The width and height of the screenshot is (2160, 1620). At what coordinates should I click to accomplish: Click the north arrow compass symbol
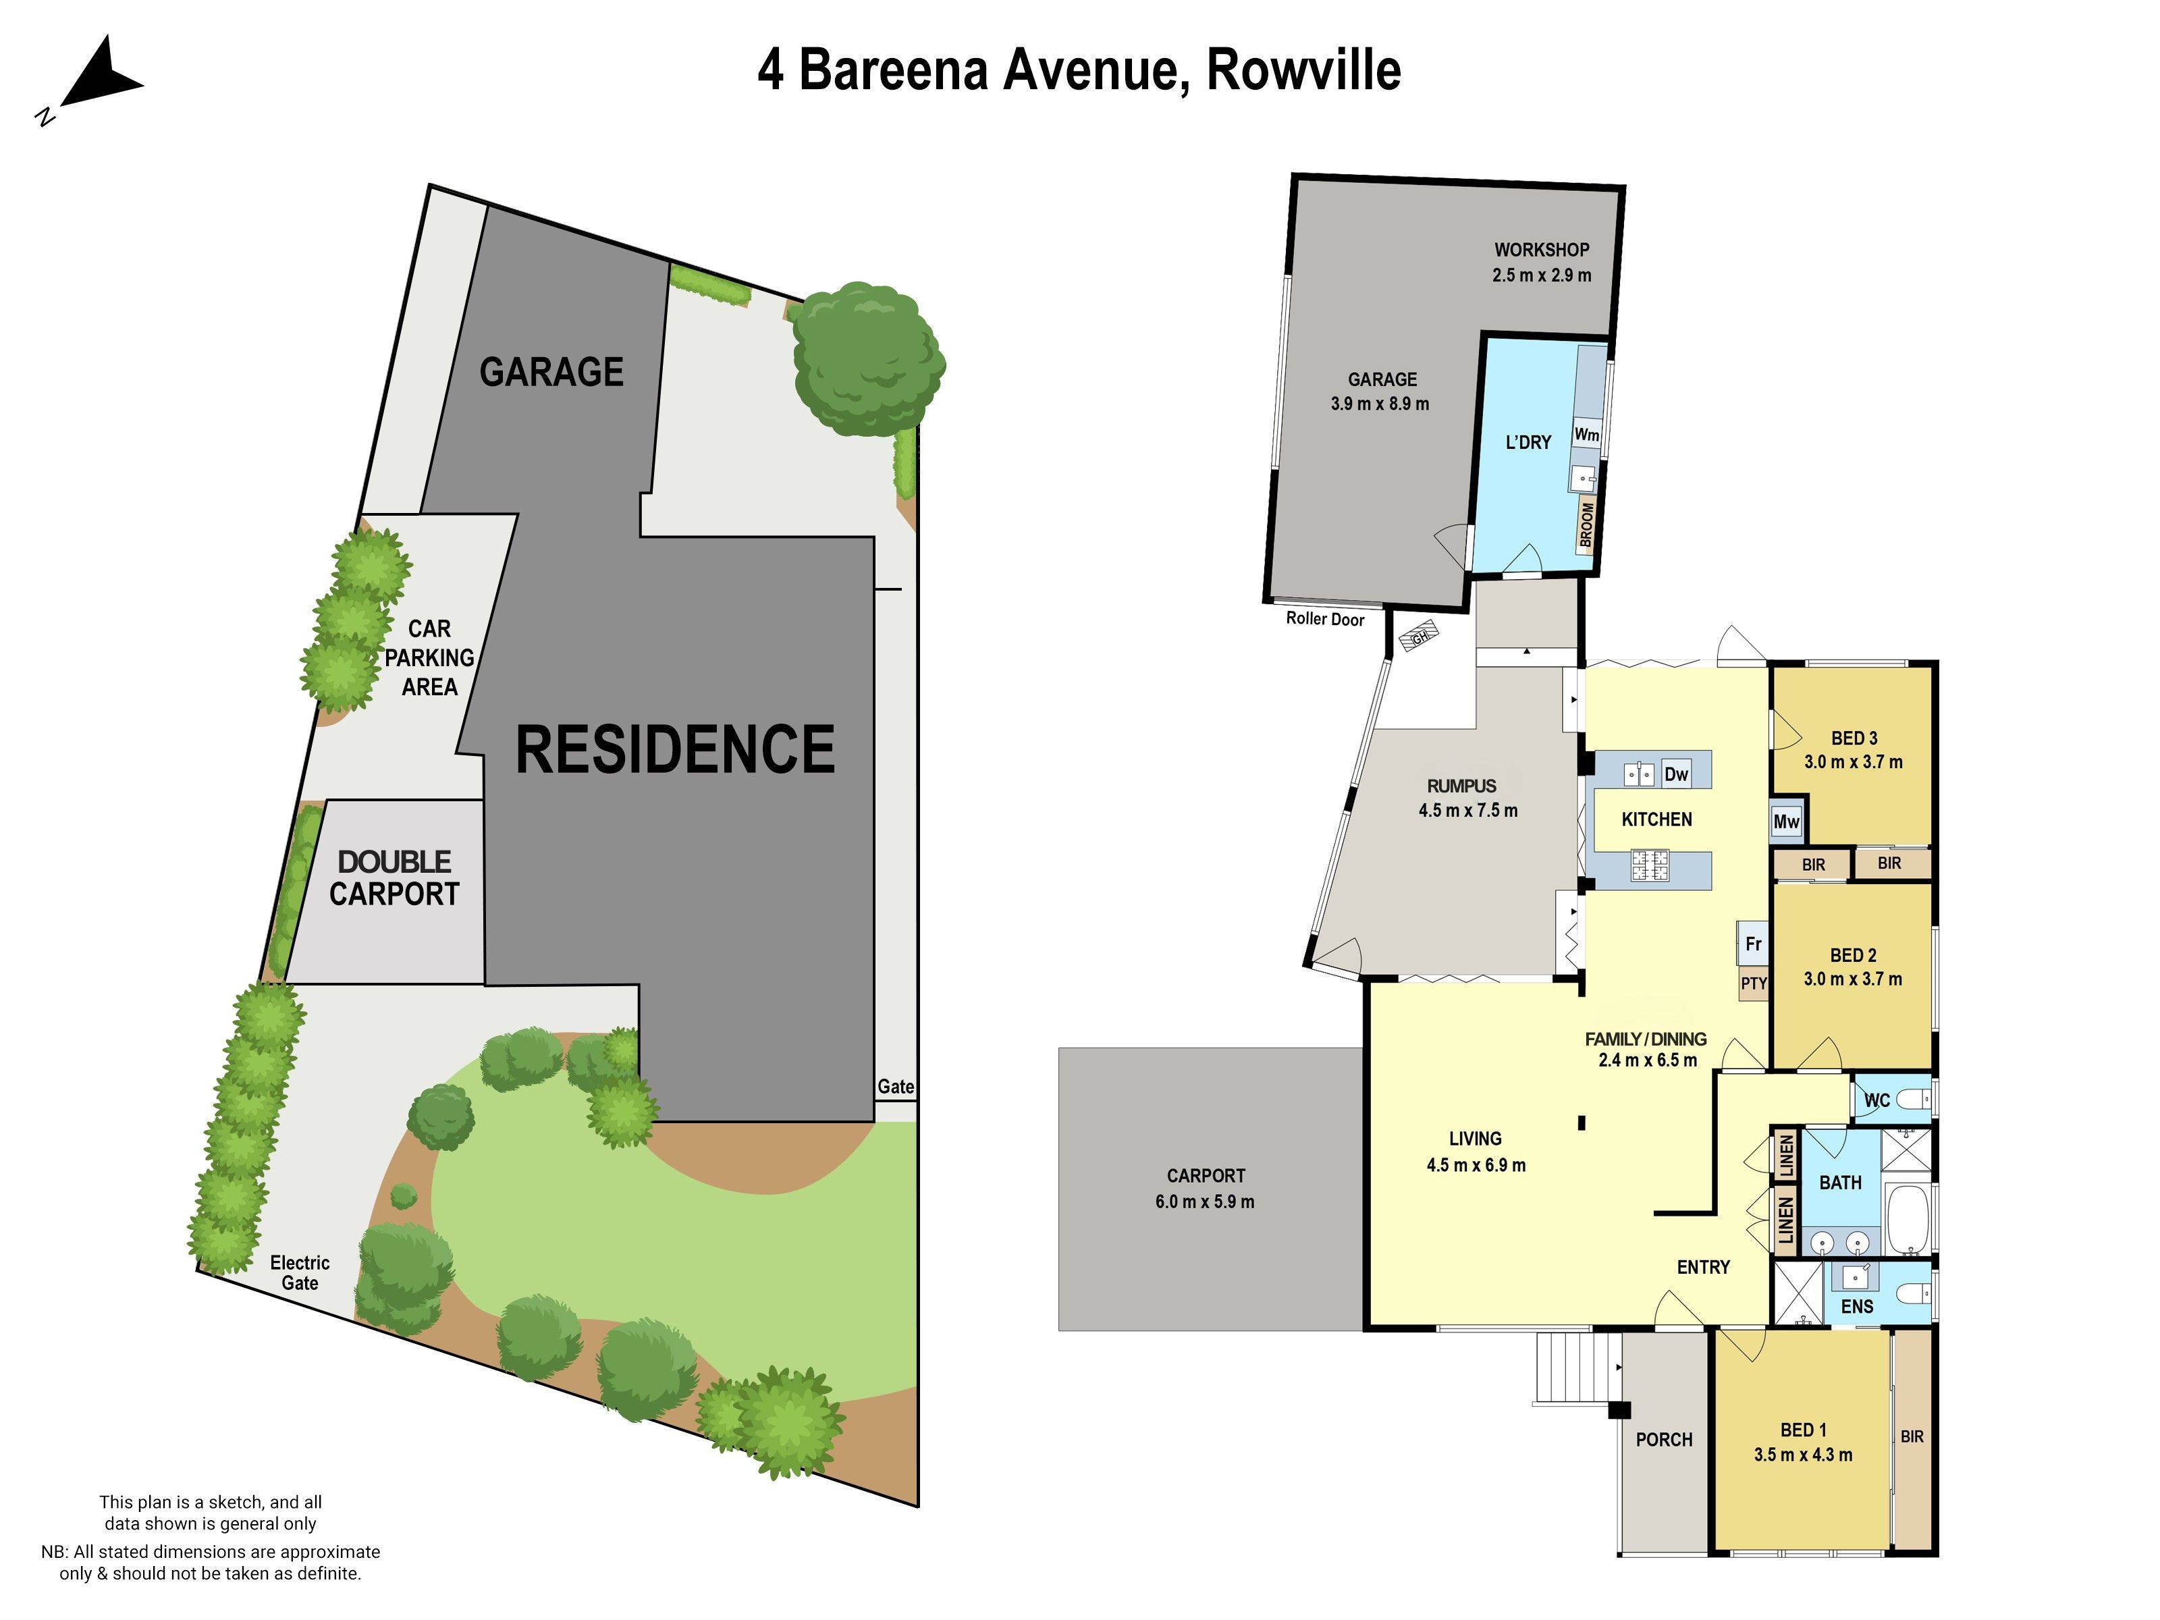[x=98, y=76]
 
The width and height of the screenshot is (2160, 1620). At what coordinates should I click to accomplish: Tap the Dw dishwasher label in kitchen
[x=1675, y=774]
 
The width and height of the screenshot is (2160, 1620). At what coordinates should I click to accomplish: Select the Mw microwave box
[x=1786, y=821]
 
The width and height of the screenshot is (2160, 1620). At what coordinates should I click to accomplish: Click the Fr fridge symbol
[x=1753, y=943]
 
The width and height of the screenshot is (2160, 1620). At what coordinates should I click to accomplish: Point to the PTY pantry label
[x=1754, y=983]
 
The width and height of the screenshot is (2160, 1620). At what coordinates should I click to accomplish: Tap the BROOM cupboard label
[x=1587, y=524]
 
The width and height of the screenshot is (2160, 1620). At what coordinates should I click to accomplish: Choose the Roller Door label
[x=1324, y=618]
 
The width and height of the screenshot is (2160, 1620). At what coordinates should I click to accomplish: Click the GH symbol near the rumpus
[x=1419, y=638]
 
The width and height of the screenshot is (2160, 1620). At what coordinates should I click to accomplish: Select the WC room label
[x=1877, y=1100]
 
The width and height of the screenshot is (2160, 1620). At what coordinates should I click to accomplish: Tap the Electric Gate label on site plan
[x=300, y=1272]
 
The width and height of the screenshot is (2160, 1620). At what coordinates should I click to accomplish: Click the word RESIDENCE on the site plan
[x=675, y=749]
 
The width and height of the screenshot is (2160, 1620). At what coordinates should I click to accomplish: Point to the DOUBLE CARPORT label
[x=394, y=878]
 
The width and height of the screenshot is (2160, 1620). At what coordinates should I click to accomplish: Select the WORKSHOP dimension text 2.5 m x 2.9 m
[x=1541, y=275]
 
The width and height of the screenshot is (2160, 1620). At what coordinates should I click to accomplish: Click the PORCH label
[x=1664, y=1439]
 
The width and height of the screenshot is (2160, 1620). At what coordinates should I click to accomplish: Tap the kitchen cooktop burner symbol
[x=1649, y=864]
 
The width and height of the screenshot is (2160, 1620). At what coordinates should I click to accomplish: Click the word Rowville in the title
[x=1303, y=70]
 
